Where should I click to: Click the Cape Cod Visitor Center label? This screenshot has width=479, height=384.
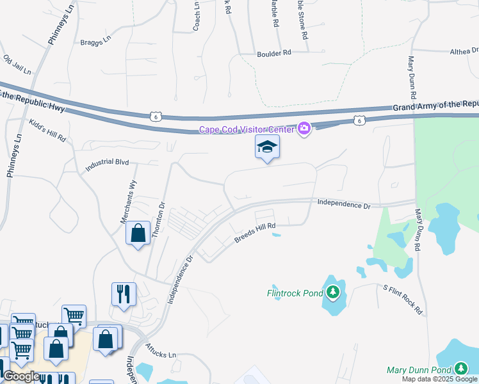pos(247,130)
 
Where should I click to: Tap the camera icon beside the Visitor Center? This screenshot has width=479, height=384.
pos(304,129)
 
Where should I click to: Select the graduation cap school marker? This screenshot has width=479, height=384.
pos(268,148)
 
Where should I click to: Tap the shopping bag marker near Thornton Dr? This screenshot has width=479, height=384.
pos(138,234)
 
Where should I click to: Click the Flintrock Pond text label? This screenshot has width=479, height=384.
pos(295,294)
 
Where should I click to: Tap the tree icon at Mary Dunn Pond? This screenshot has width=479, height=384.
pos(461,369)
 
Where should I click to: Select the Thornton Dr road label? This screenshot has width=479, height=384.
pos(158,220)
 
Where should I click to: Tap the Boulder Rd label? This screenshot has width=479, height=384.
pos(274,54)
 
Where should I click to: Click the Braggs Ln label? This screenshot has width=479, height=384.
pos(95,39)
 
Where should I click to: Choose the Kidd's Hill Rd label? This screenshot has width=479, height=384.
pos(47,130)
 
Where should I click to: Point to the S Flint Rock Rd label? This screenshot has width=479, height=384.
pos(403,300)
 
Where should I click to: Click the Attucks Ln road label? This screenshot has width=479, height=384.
pos(161,353)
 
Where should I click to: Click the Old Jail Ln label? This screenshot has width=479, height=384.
pos(17,64)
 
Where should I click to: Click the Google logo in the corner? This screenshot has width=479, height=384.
pos(22,376)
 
